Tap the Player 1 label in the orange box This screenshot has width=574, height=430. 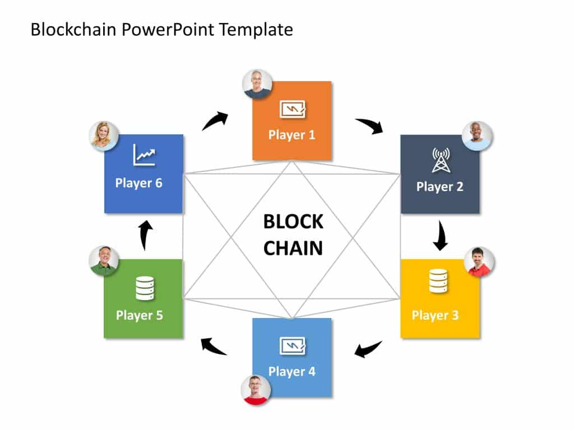[x=291, y=135]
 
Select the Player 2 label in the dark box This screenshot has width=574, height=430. [x=439, y=186]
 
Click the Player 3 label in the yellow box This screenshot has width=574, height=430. [x=435, y=315]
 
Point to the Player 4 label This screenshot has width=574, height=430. [x=291, y=371]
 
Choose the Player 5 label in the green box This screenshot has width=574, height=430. [x=139, y=315]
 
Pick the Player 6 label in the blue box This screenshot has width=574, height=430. [x=138, y=183]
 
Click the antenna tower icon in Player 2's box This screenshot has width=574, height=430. [x=439, y=160]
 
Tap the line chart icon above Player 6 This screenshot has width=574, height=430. [x=145, y=155]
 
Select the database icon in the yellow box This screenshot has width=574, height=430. [x=438, y=281]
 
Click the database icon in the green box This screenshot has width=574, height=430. [x=145, y=288]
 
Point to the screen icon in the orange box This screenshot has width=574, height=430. [x=292, y=109]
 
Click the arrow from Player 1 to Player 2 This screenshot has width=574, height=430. [x=369, y=125]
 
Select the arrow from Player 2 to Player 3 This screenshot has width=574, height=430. [x=441, y=236]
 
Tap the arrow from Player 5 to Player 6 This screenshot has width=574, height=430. [x=145, y=235]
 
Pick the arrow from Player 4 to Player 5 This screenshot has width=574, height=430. [x=214, y=347]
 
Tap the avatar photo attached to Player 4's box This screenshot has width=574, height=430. [x=256, y=390]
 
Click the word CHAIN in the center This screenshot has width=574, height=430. [x=293, y=247]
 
